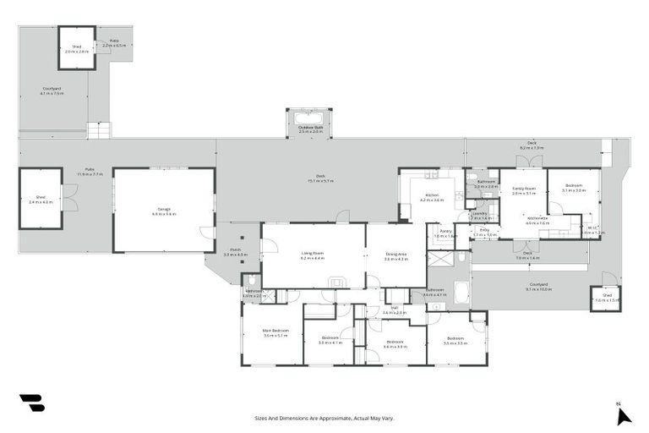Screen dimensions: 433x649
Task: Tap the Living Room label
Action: click(313, 255)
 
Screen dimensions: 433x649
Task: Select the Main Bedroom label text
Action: click(275, 332)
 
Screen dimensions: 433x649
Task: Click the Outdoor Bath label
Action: click(310, 129)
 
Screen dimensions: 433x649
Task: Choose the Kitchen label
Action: click(432, 198)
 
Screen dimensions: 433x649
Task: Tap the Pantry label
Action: click(444, 234)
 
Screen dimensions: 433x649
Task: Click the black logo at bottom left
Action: click(31, 403)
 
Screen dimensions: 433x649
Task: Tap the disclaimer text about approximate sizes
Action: click(324, 418)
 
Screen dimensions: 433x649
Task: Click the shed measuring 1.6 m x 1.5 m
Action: click(605, 299)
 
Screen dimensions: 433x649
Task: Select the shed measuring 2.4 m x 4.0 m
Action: click(41, 200)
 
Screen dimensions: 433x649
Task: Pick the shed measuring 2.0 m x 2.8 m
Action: click(76, 49)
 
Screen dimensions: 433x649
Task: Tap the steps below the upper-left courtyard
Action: click(99, 130)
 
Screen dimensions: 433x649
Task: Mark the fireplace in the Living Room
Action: click(337, 282)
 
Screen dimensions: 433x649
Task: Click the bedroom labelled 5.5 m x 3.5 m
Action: click(455, 341)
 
